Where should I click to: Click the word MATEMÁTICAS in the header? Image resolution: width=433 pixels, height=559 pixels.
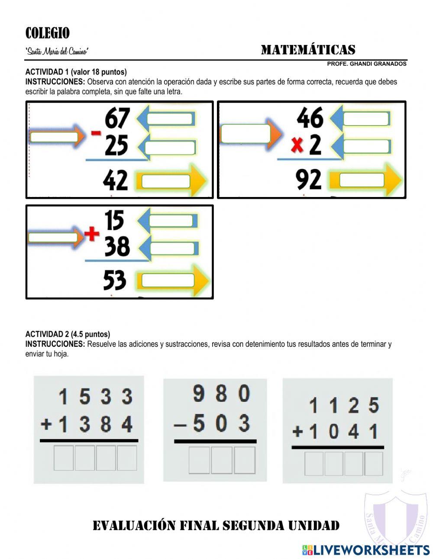coord(308,50)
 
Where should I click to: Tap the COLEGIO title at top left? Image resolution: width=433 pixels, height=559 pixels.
coord(47,33)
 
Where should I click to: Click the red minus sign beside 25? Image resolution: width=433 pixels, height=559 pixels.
coord(96,133)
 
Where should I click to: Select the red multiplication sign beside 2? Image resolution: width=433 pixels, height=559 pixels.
coord(297,147)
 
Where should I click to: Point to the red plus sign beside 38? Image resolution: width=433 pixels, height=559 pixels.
coord(91,234)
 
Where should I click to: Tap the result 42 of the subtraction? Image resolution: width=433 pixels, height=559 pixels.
coord(116,180)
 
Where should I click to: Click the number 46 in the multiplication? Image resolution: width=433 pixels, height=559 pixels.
coord(310,118)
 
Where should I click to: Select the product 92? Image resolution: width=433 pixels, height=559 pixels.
coord(309,180)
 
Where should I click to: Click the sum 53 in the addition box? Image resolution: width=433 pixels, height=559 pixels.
coord(115,280)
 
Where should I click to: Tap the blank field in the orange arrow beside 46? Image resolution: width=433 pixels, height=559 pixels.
coord(246,134)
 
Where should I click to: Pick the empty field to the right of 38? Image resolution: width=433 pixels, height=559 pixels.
coord(172,249)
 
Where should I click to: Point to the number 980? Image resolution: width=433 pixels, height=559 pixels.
coord(221,394)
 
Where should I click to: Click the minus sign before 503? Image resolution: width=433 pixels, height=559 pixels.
coord(180,425)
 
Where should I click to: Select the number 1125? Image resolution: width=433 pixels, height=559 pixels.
coord(344,406)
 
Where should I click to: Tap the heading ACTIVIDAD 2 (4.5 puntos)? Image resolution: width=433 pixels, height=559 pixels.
coord(68,334)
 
